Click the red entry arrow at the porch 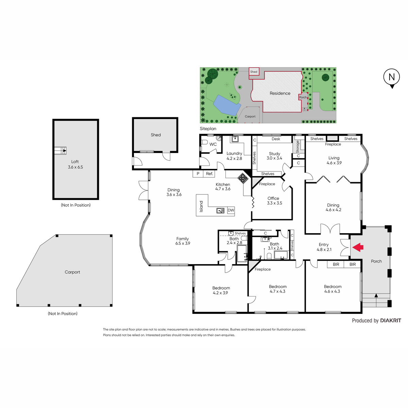[358, 247]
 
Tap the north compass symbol [391, 78]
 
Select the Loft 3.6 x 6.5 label [75, 164]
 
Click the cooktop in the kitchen [243, 178]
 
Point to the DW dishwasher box [231, 210]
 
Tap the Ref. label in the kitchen [209, 174]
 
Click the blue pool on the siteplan [226, 105]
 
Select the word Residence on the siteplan [280, 93]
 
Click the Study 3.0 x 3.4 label [274, 156]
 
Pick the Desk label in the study [276, 139]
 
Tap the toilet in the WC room [204, 142]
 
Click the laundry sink [235, 139]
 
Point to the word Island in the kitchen [201, 206]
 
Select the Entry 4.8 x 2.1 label [324, 247]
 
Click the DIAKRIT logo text [391, 320]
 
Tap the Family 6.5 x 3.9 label [183, 241]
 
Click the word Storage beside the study [297, 147]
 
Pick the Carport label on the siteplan [250, 117]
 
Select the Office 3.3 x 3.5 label [274, 201]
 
